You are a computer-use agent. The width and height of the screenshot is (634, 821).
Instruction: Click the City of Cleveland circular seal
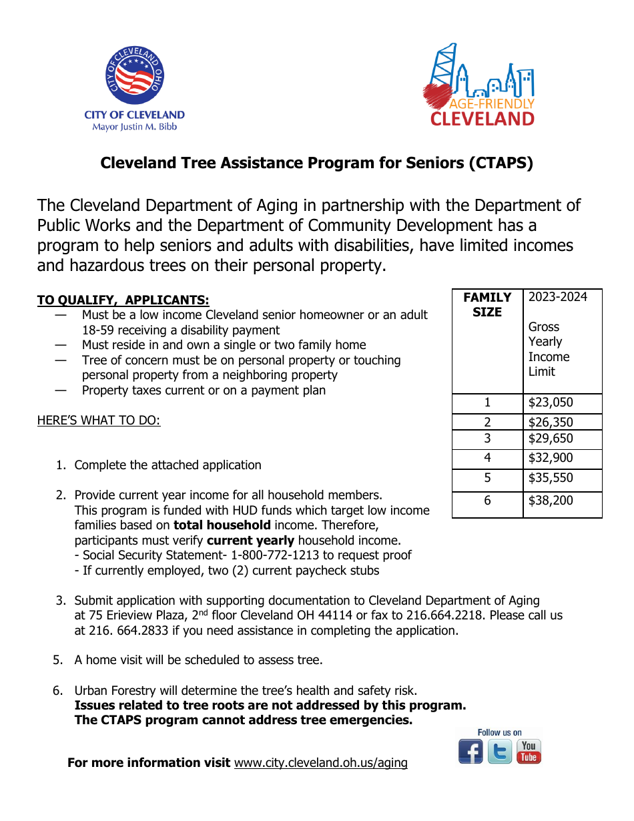click(x=135, y=76)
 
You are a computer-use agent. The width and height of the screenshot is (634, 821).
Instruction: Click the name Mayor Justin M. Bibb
click(x=134, y=127)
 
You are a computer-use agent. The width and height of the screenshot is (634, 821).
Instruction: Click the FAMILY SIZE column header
click(x=487, y=305)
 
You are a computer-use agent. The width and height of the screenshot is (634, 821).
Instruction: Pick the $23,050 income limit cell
click(x=551, y=402)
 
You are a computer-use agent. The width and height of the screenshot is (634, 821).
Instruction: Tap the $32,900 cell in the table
click(x=551, y=458)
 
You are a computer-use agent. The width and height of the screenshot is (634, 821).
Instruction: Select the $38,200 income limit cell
click(x=551, y=501)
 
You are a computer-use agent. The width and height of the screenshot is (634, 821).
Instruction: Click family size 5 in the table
click(x=487, y=478)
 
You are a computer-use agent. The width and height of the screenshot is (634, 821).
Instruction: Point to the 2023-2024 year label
click(x=558, y=297)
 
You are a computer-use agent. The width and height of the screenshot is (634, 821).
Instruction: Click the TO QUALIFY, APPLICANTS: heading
click(x=123, y=300)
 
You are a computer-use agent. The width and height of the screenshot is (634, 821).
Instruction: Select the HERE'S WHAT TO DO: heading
click(x=99, y=421)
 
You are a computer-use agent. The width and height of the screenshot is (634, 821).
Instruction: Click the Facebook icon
click(x=470, y=752)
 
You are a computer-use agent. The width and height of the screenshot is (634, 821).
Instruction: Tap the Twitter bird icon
click(x=500, y=752)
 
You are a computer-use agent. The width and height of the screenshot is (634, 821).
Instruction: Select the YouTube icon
click(x=529, y=752)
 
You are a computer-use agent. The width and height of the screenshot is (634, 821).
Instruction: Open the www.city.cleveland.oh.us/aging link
click(x=320, y=763)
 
